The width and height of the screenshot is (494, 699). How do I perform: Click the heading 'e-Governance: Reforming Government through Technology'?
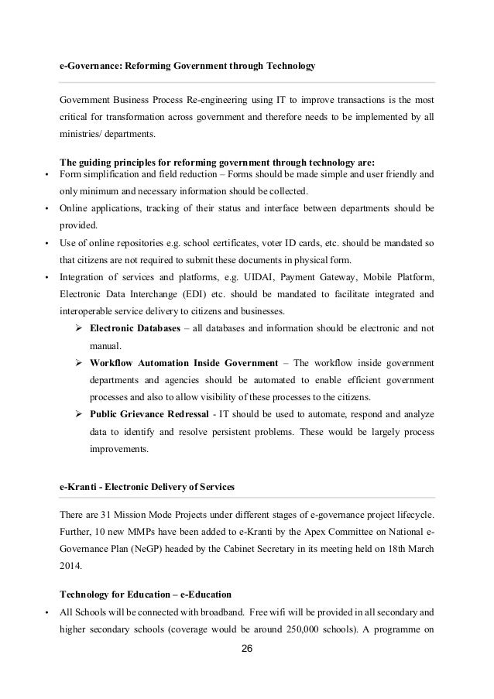click(187, 67)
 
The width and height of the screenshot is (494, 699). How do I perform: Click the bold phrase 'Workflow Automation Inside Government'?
click(184, 363)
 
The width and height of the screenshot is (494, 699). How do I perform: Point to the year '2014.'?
click(73, 567)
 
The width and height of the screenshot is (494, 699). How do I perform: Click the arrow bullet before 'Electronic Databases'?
click(78, 329)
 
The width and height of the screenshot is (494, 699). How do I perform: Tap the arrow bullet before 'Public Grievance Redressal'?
click(78, 415)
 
